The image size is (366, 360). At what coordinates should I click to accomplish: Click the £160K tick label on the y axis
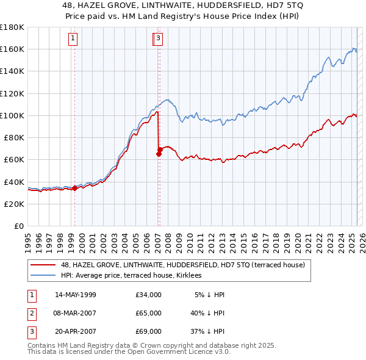tap(12, 49)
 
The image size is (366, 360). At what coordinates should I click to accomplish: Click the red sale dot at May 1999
tap(74, 188)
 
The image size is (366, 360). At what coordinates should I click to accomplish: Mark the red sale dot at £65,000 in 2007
tap(159, 154)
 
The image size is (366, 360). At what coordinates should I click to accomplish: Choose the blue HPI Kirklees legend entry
tap(135, 276)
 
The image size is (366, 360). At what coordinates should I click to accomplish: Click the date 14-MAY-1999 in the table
tap(75, 295)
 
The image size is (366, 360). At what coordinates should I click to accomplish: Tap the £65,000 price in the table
tap(149, 313)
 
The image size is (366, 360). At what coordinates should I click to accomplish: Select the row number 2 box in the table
tap(31, 313)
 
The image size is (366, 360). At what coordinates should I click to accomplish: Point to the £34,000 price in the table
tap(149, 295)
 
